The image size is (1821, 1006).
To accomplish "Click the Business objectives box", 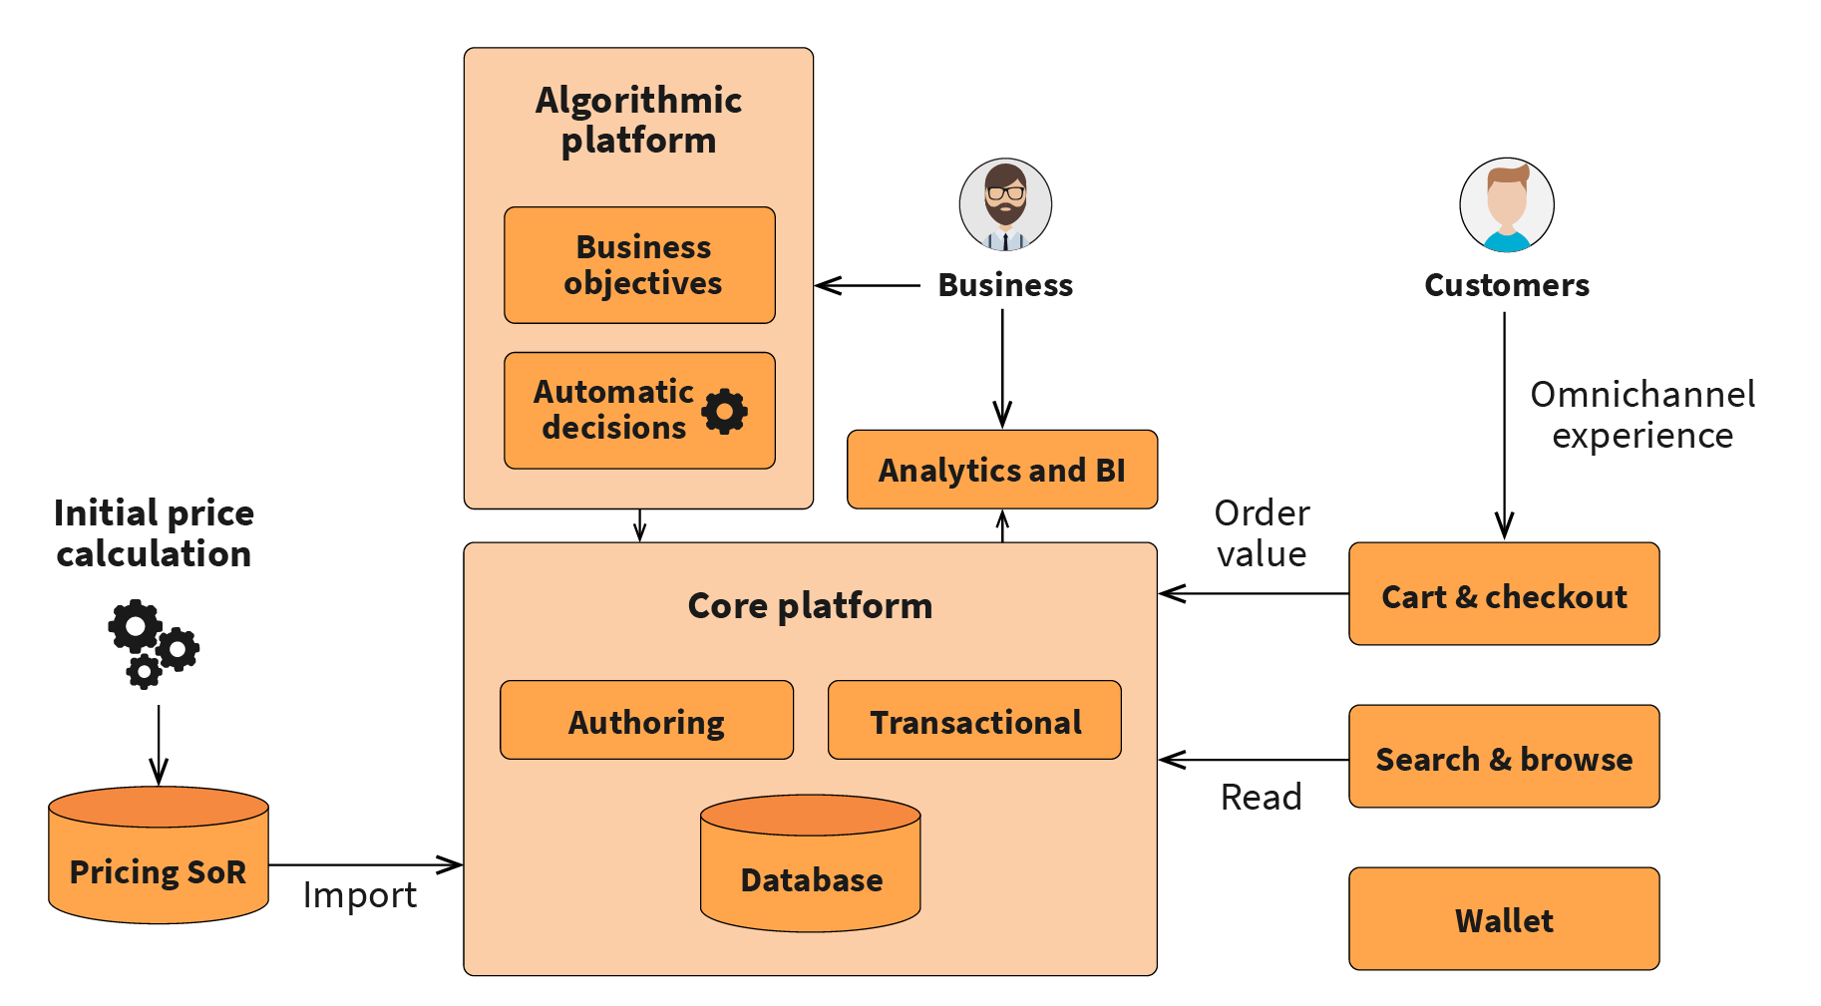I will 639,265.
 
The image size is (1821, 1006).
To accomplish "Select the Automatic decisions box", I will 613,410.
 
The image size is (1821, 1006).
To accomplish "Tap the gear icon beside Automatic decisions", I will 725,411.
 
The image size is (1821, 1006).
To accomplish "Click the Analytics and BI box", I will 1001,470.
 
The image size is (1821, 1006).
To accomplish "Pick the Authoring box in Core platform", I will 646,721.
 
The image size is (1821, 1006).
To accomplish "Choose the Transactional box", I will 974,721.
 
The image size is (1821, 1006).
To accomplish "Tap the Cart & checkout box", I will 1503,595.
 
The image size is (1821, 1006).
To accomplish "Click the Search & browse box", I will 1503,758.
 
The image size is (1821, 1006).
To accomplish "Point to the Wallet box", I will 1503,919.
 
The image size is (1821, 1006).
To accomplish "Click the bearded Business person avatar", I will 1005,204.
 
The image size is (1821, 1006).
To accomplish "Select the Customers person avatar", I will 1506,204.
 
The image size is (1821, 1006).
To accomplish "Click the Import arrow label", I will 359,895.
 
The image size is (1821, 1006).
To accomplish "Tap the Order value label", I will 1262,533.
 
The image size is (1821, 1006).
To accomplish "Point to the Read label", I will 1261,797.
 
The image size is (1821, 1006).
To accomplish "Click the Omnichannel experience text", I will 1642,415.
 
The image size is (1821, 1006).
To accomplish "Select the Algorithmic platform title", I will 638,120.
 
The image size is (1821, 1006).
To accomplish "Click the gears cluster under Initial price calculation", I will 153,643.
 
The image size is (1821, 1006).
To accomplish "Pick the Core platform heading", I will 810,605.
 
